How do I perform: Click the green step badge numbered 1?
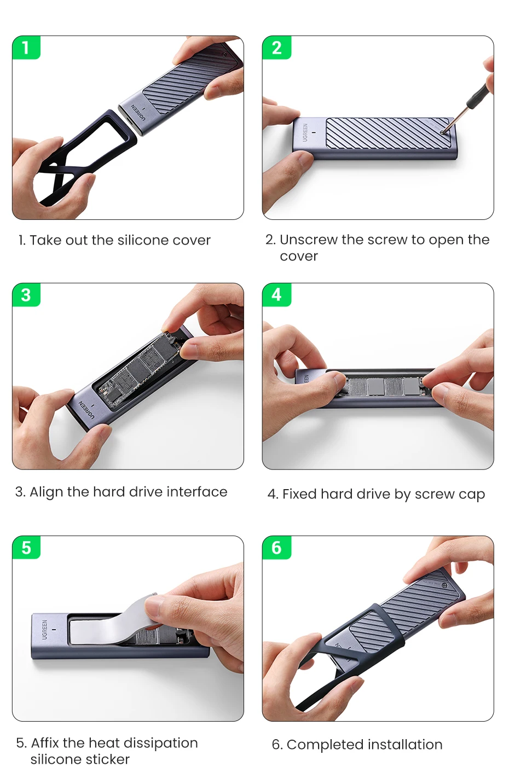pos(26,47)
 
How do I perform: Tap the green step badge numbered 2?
pos(276,47)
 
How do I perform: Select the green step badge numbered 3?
pos(26,295)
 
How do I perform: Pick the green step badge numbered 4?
pos(276,295)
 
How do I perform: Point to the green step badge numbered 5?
pos(26,548)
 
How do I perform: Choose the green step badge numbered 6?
pos(276,548)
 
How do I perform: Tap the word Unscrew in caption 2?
pos(309,240)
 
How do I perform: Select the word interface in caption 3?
pos(197,492)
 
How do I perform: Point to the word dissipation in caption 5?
pos(161,744)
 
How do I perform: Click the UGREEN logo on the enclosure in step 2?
pos(305,132)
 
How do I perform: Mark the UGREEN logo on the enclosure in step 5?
pos(44,630)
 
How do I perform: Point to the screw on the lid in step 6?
pos(444,585)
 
